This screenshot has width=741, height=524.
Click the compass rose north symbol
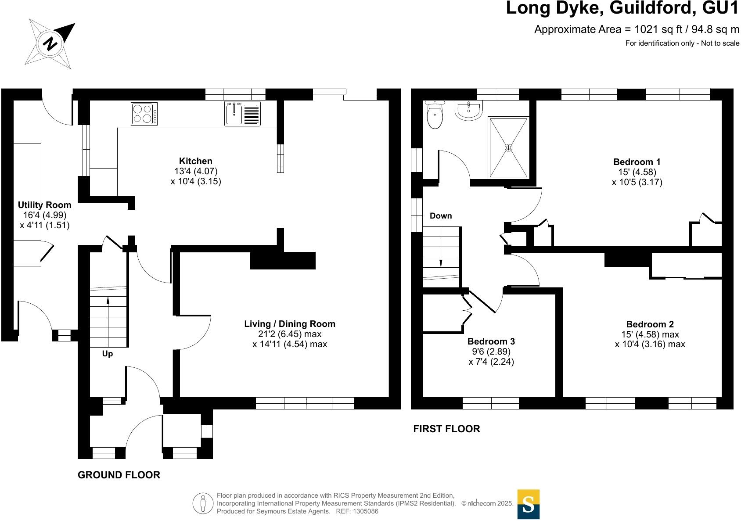pyautogui.click(x=51, y=43)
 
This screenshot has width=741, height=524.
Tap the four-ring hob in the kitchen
pyautogui.click(x=144, y=113)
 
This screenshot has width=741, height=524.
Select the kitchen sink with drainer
pyautogui.click(x=242, y=114)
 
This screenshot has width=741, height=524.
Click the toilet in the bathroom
pyautogui.click(x=435, y=115)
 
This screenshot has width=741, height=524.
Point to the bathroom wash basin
pyautogui.click(x=469, y=110)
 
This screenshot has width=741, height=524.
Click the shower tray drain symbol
pyautogui.click(x=508, y=148)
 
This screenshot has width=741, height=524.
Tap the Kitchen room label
pyautogui.click(x=195, y=161)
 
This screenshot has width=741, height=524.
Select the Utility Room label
pyautogui.click(x=44, y=205)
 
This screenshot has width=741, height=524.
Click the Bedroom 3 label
pyautogui.click(x=491, y=341)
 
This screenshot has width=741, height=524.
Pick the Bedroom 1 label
pyautogui.click(x=637, y=162)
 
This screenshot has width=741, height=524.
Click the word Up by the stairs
pyautogui.click(x=108, y=354)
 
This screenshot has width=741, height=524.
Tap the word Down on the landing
pyautogui.click(x=440, y=216)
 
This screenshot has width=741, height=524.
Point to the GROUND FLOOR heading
pyautogui.click(x=119, y=475)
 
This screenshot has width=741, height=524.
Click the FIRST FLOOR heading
pyautogui.click(x=446, y=429)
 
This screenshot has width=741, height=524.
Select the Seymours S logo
pyautogui.click(x=528, y=504)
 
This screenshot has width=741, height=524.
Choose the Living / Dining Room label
pyautogui.click(x=290, y=324)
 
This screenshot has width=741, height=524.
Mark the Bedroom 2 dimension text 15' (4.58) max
pyautogui.click(x=650, y=334)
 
